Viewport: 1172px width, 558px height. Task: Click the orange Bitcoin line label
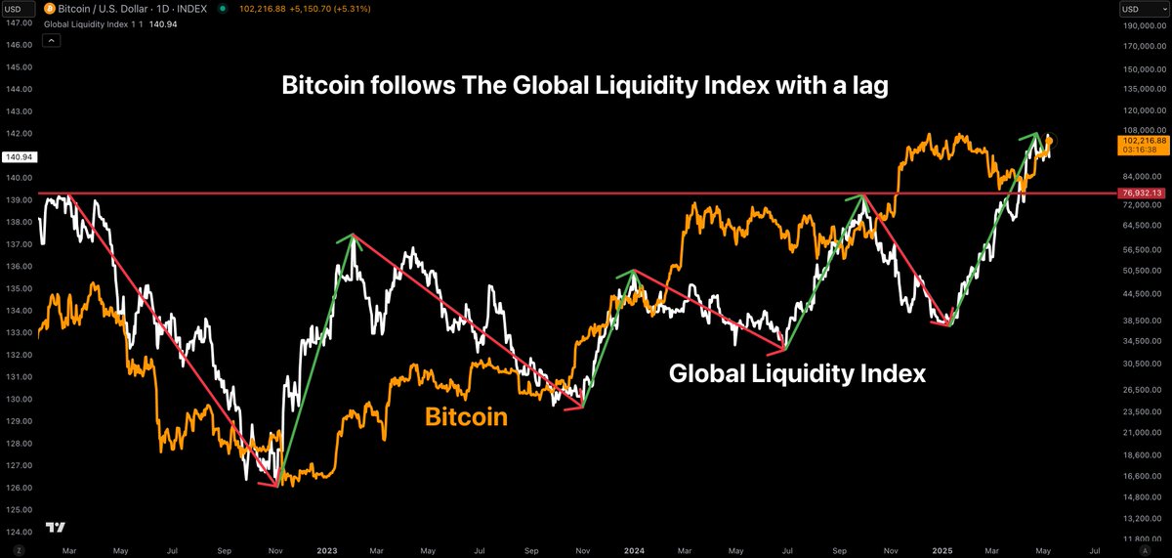pos(466,417)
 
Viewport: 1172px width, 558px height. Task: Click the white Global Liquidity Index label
pos(796,373)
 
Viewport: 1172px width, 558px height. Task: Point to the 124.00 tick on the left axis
pos(19,532)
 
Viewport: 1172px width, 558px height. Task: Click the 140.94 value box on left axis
pos(18,155)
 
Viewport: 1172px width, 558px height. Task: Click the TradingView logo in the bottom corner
pos(56,528)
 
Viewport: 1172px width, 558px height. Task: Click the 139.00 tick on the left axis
pos(19,199)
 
